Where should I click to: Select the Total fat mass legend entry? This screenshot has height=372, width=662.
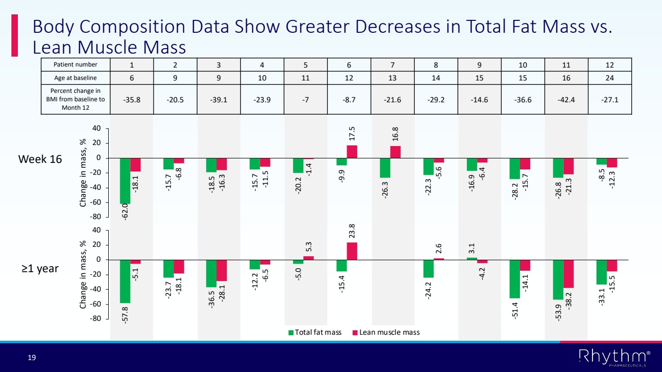click(x=315, y=332)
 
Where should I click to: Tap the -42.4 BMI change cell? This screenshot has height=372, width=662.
click(x=566, y=99)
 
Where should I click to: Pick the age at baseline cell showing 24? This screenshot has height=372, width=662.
click(x=610, y=77)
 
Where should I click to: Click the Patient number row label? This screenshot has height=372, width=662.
click(x=76, y=65)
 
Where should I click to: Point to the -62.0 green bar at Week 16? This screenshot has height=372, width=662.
click(x=125, y=181)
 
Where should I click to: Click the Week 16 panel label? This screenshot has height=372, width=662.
click(x=40, y=159)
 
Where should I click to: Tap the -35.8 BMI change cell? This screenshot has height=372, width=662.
click(x=132, y=99)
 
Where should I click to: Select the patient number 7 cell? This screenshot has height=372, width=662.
click(x=393, y=65)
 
